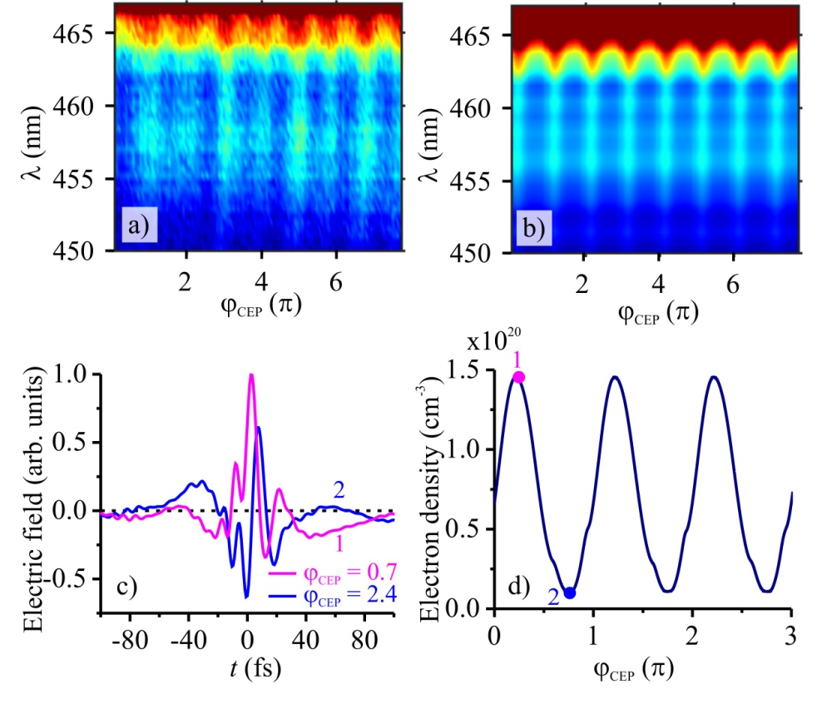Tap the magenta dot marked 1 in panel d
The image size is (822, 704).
click(518, 377)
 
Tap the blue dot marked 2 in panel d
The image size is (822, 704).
click(570, 592)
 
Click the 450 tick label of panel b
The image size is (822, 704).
click(480, 252)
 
